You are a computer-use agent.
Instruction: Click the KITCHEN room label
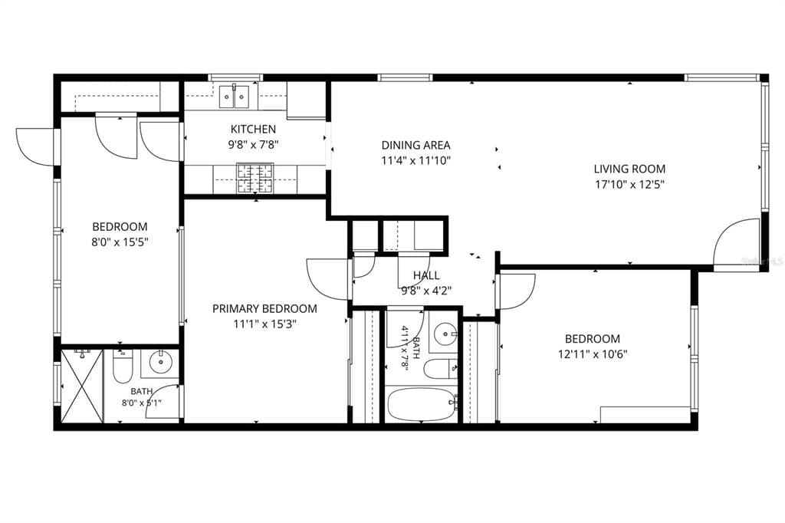click(x=253, y=130)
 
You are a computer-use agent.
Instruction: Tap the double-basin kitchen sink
click(x=234, y=97)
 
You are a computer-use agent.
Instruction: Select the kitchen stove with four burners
click(x=255, y=179)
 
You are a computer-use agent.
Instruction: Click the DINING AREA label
click(x=415, y=145)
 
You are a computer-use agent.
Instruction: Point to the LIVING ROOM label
click(x=629, y=169)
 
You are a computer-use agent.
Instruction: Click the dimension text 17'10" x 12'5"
click(x=629, y=185)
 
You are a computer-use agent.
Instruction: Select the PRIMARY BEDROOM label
click(x=264, y=308)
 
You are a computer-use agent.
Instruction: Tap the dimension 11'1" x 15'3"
click(x=264, y=324)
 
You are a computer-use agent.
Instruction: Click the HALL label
click(x=426, y=275)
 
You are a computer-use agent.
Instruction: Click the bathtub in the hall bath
click(x=422, y=405)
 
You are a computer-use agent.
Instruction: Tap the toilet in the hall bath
click(x=441, y=370)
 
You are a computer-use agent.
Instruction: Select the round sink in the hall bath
click(x=445, y=333)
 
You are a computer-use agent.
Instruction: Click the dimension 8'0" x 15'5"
click(x=120, y=242)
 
